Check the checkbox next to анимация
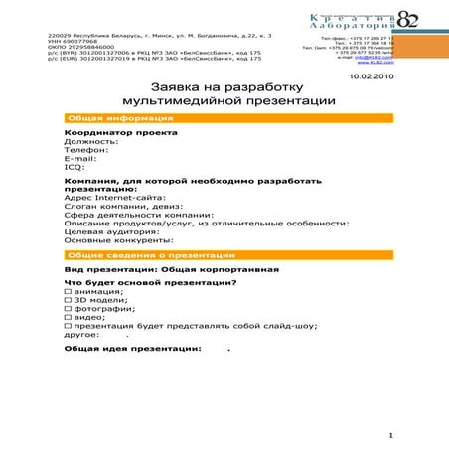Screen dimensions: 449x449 point(68,292)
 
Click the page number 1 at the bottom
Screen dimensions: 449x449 point(392,436)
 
